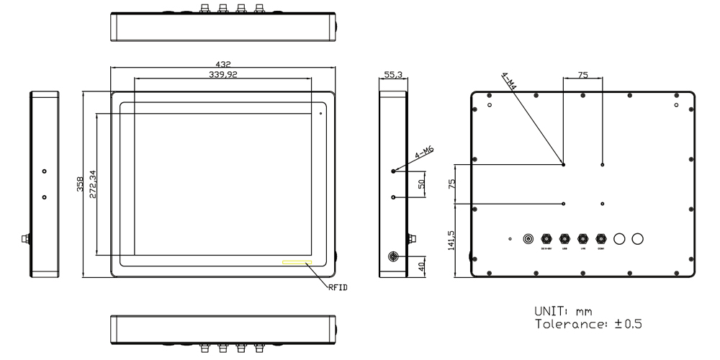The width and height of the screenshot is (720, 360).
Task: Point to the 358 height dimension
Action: point(79,184)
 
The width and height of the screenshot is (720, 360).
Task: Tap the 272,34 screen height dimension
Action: point(91,184)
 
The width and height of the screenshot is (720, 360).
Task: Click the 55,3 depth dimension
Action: point(393,74)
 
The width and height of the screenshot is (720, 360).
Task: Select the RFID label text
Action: point(338,287)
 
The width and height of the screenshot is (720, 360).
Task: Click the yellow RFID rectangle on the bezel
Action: point(297,263)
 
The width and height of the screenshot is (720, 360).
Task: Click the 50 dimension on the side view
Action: point(422,184)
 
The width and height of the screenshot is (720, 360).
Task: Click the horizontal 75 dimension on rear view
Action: point(582,74)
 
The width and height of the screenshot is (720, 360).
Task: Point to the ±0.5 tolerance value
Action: point(628,324)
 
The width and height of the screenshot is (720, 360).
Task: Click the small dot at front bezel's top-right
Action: point(320,112)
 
